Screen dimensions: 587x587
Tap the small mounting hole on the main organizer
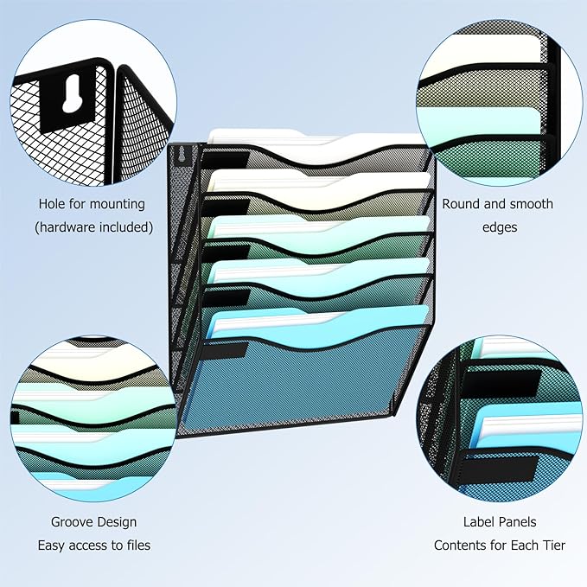coord(181,157)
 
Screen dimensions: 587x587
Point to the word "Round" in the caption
coord(460,205)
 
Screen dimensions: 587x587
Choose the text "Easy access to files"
coord(93,546)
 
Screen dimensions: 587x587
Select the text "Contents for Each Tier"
coord(500,546)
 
